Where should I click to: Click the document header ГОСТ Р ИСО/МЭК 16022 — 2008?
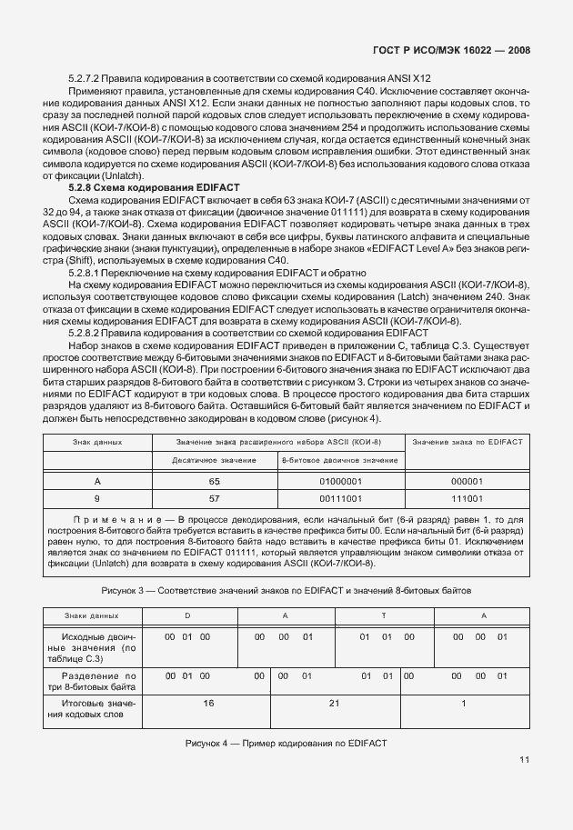pyautogui.click(x=451, y=51)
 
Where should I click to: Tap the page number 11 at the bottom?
pyautogui.click(x=525, y=760)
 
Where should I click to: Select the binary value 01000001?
pyautogui.click(x=340, y=481)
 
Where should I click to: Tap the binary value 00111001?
pyautogui.click(x=340, y=499)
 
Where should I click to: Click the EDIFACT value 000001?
pyautogui.click(x=467, y=481)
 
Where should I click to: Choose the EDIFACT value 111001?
pyautogui.click(x=467, y=499)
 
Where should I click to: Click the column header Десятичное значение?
pyautogui.click(x=215, y=461)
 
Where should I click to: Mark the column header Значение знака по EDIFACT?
pyautogui.click(x=467, y=441)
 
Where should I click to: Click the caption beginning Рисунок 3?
pyautogui.click(x=286, y=590)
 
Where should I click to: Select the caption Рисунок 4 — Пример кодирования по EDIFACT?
pyautogui.click(x=286, y=743)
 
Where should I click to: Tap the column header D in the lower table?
pyautogui.click(x=187, y=615)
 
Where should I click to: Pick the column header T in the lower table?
pyautogui.click(x=383, y=615)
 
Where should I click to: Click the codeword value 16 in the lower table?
pyautogui.click(x=208, y=703)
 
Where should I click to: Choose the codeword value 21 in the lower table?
pyautogui.click(x=334, y=703)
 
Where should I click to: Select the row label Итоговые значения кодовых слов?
pyautogui.click(x=97, y=709)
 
